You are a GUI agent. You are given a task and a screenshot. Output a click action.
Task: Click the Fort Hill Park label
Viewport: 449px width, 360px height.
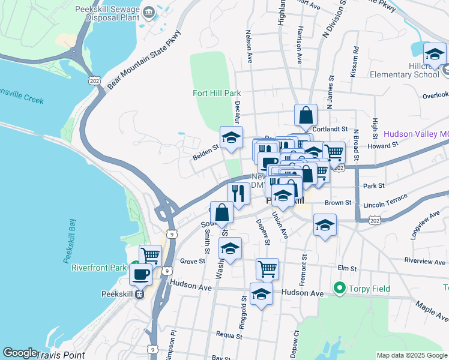[x=217, y=93]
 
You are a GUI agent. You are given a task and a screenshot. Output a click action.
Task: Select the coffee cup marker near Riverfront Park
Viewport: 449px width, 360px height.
[x=140, y=275]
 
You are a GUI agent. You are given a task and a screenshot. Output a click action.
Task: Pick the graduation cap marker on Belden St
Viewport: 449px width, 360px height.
[x=231, y=137]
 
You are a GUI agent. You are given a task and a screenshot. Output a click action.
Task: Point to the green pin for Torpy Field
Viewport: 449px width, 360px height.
[x=340, y=289]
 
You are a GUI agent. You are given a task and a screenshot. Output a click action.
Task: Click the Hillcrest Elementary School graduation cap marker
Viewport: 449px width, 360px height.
[x=435, y=54]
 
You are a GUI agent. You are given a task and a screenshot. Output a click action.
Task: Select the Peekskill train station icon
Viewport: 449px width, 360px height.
[x=139, y=295]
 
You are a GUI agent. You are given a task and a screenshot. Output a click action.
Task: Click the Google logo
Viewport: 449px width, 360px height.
[x=20, y=353]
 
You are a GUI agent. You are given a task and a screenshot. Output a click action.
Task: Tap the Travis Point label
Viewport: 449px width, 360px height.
[x=60, y=355]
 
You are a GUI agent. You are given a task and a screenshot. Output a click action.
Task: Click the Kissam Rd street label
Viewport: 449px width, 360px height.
[x=356, y=62]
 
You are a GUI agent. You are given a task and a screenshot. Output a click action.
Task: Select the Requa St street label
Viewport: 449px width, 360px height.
[x=229, y=335]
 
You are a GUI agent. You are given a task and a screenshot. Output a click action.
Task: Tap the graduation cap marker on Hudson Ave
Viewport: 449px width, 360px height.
[x=261, y=294]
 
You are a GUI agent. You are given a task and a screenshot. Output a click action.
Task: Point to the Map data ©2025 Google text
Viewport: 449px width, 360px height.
[x=411, y=355]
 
